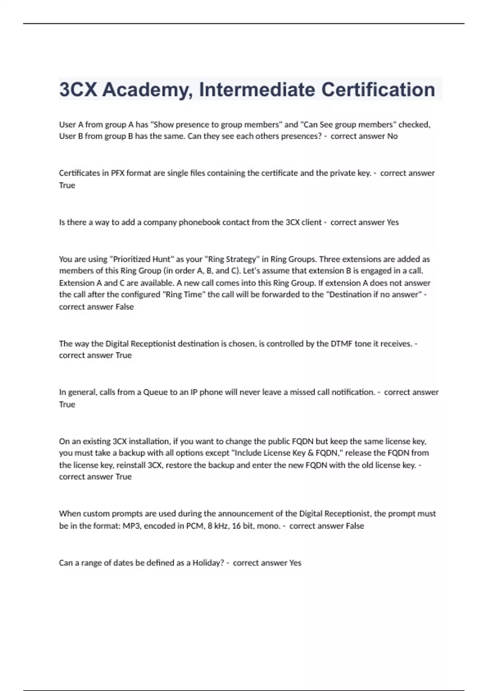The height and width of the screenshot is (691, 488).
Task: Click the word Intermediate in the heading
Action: [x=257, y=90]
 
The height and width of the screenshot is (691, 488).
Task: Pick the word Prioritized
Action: [x=131, y=259]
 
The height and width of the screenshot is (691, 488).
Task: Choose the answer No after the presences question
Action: [x=392, y=136]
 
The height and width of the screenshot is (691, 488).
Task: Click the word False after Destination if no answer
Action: [x=124, y=307]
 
